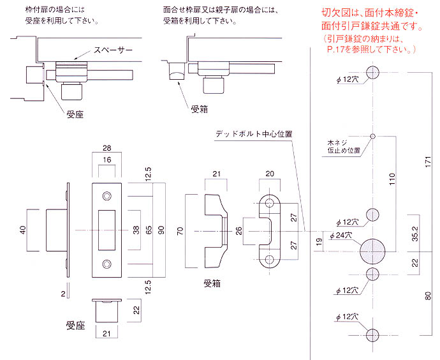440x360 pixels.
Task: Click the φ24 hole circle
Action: click(x=372, y=251)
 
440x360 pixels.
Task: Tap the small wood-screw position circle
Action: click(x=372, y=136)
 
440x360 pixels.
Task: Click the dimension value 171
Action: click(x=429, y=162)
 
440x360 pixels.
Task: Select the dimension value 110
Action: click(x=392, y=179)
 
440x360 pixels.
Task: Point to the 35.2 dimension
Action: click(x=415, y=234)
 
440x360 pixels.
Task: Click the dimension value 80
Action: click(x=429, y=296)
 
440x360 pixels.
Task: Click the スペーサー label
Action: click(x=113, y=50)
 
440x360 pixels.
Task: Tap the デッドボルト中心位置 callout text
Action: click(x=254, y=134)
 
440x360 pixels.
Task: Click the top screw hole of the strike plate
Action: click(x=106, y=196)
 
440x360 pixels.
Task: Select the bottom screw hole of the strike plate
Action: click(x=106, y=264)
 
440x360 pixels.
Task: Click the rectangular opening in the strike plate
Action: click(x=106, y=230)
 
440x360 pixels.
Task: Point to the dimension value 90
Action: click(x=161, y=230)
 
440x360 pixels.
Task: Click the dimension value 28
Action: click(x=107, y=147)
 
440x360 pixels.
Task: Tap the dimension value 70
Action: click(x=180, y=231)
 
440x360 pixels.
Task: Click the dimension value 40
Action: click(x=23, y=230)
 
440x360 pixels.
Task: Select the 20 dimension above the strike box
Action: click(x=270, y=174)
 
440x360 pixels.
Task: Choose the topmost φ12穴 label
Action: click(x=348, y=80)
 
